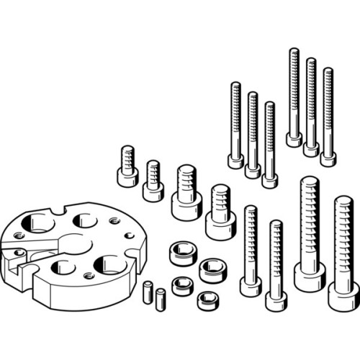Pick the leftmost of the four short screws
click(x=127, y=166)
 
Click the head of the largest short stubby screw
click(x=220, y=224)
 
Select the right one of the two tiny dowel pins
click(x=161, y=297)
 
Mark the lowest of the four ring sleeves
click(x=208, y=299)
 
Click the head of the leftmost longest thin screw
click(x=294, y=138)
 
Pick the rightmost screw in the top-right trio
click(x=328, y=115)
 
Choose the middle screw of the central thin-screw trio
click(x=253, y=133)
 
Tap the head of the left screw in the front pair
click(x=251, y=285)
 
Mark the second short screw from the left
click(x=153, y=180)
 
